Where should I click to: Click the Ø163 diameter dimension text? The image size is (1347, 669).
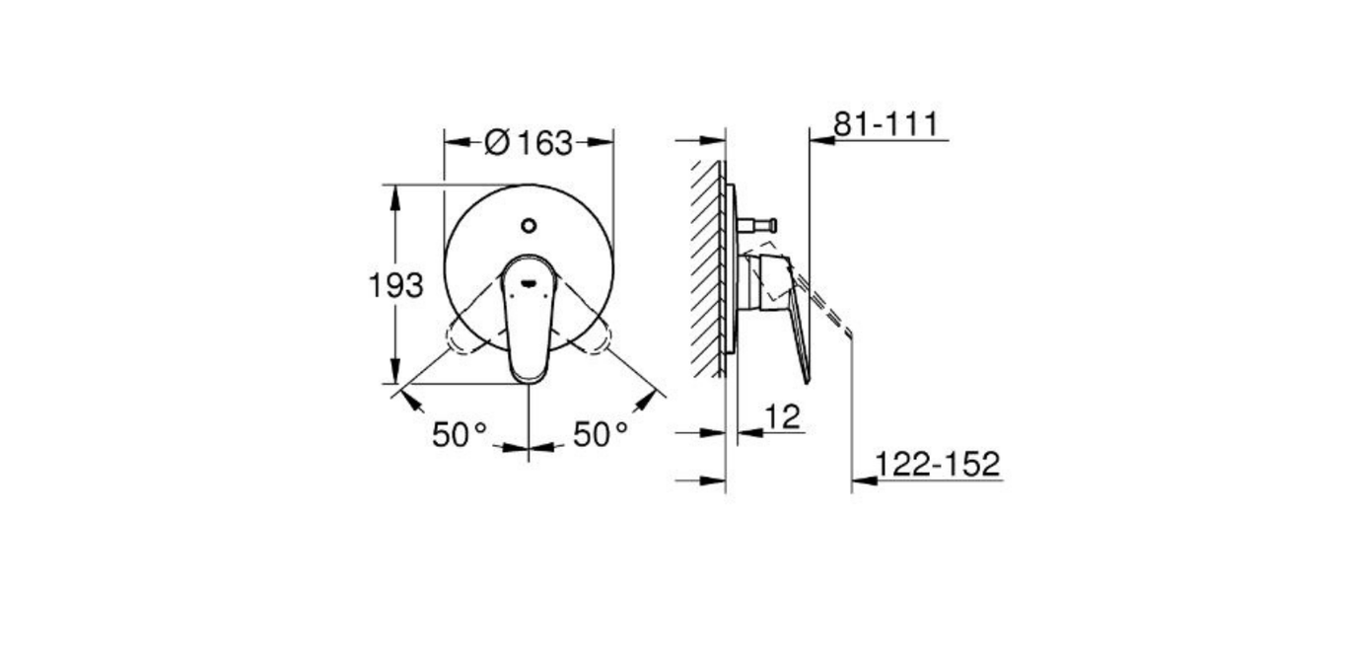pyautogui.click(x=529, y=143)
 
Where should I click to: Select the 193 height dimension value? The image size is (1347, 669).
pyautogui.click(x=395, y=286)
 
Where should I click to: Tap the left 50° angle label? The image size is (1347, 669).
pyautogui.click(x=460, y=434)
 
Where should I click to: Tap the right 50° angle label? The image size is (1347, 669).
pyautogui.click(x=601, y=434)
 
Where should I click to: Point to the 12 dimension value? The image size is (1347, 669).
pyautogui.click(x=782, y=417)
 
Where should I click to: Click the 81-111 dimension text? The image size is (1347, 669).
pyautogui.click(x=886, y=124)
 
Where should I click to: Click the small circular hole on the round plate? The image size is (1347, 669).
pyautogui.click(x=529, y=226)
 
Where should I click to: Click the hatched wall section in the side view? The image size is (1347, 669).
pyautogui.click(x=708, y=266)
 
